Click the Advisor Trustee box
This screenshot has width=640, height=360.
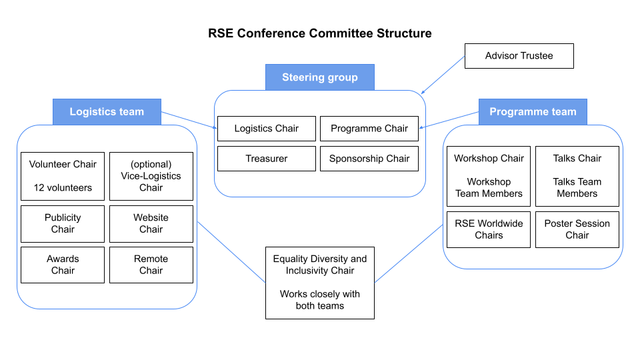click(x=519, y=56)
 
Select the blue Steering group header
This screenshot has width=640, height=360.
click(x=320, y=77)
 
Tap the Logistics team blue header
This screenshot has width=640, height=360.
click(x=107, y=112)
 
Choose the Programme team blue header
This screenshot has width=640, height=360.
click(x=533, y=112)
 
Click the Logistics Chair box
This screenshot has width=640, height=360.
click(x=267, y=129)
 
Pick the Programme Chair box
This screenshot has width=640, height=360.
click(x=369, y=129)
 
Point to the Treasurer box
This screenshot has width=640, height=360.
click(x=267, y=159)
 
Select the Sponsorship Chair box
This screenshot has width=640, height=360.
click(x=369, y=159)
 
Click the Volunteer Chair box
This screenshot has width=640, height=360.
click(x=63, y=176)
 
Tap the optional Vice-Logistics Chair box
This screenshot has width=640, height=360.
click(x=151, y=176)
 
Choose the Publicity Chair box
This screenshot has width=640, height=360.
click(x=63, y=224)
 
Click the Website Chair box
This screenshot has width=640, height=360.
click(x=151, y=224)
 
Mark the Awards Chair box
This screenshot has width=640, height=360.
click(x=63, y=265)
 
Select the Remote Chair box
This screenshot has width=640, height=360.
click(x=151, y=265)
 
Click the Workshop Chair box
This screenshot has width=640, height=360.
click(x=489, y=176)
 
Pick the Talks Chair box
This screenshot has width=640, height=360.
click(x=577, y=176)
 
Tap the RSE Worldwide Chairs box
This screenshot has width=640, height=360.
click(x=489, y=229)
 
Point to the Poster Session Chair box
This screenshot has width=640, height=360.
click(x=577, y=229)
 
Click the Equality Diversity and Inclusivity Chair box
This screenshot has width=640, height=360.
click(x=320, y=283)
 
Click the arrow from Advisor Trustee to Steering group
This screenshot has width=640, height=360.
click(x=443, y=75)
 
